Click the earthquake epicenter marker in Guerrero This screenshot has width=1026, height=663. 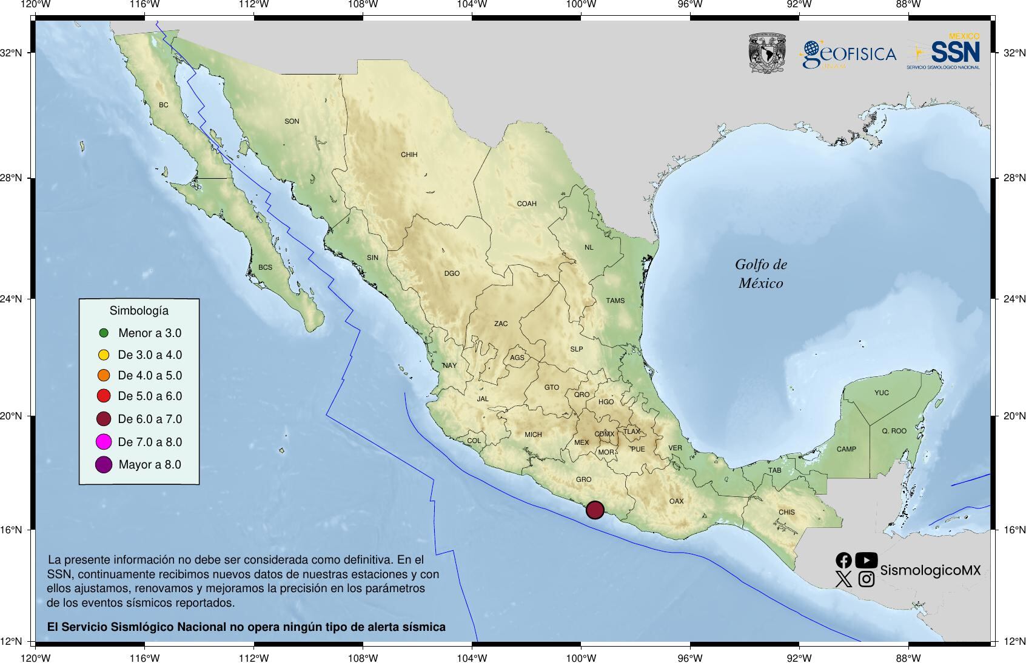pyautogui.click(x=595, y=510)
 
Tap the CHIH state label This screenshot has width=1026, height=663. pyautogui.click(x=409, y=155)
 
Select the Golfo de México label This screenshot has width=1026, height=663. pyautogui.click(x=760, y=273)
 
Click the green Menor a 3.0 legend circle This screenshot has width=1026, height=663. pyautogui.click(x=104, y=333)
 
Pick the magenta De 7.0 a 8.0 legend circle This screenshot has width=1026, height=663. pyautogui.click(x=104, y=442)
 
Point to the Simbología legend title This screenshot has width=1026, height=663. pyautogui.click(x=139, y=311)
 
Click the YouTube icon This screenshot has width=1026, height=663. pyautogui.click(x=866, y=560)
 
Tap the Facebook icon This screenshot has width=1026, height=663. pyautogui.click(x=843, y=561)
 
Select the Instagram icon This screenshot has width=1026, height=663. pyautogui.click(x=867, y=579)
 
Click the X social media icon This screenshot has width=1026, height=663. pyautogui.click(x=843, y=579)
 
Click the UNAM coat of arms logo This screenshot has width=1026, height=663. pyautogui.click(x=767, y=53)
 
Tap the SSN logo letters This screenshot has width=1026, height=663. pyautogui.click(x=955, y=52)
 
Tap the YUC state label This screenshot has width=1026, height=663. pyautogui.click(x=881, y=393)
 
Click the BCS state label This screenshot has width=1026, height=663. pyautogui.click(x=265, y=267)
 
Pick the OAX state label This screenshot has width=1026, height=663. pyautogui.click(x=676, y=501)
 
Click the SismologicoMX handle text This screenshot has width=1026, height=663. pyautogui.click(x=930, y=570)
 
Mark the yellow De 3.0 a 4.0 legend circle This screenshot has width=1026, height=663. pyautogui.click(x=104, y=355)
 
